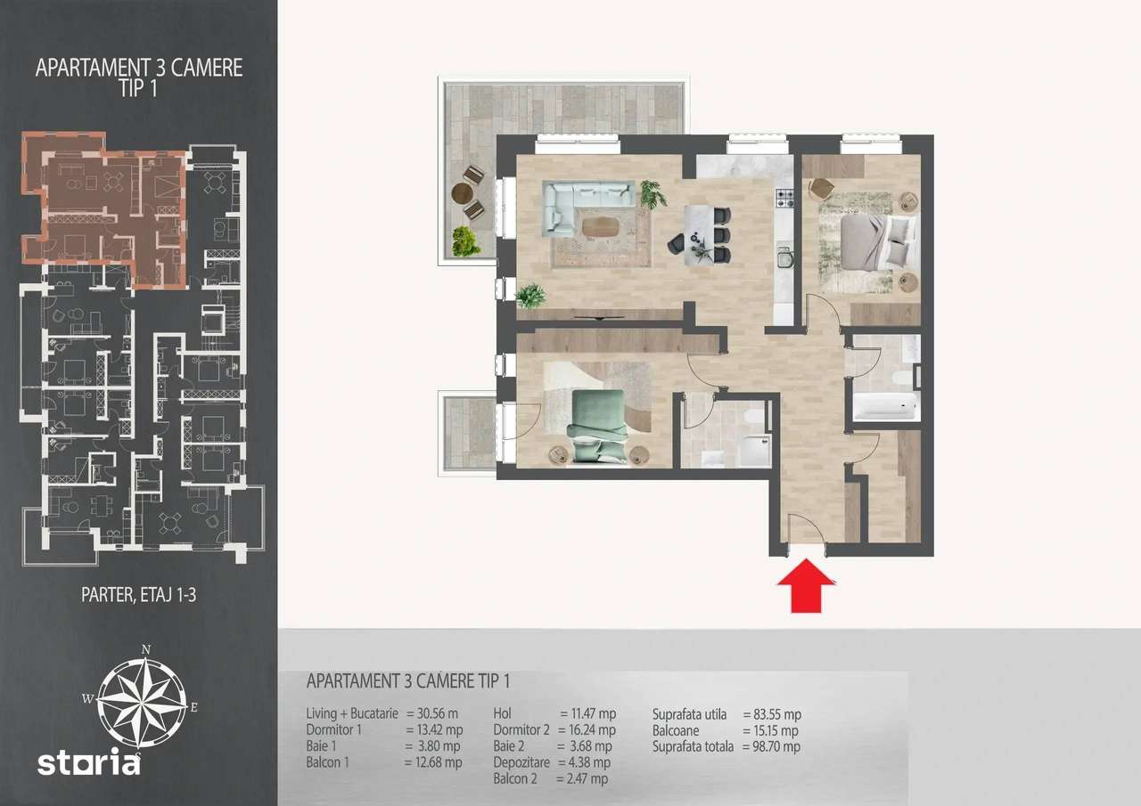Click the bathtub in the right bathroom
point(885,409)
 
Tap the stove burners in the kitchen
point(784,199)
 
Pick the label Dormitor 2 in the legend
point(522,730)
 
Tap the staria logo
point(88,762)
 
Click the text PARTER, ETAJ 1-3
point(138,596)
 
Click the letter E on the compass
point(193,707)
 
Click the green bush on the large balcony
point(463,240)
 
